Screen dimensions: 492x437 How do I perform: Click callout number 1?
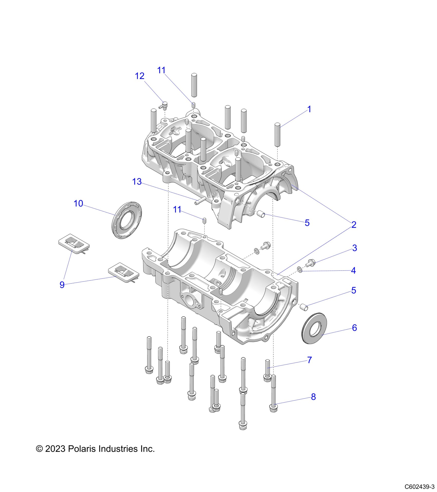point(309,109)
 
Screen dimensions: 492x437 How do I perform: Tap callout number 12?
point(140,76)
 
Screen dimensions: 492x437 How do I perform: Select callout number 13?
point(137,182)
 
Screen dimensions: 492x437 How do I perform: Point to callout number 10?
point(78,204)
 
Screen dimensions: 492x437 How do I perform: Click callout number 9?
point(62,285)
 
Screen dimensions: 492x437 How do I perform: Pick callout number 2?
point(354,225)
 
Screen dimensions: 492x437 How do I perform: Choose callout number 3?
point(354,248)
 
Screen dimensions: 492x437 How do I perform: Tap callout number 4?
point(353,270)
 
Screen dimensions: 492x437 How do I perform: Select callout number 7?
point(309,360)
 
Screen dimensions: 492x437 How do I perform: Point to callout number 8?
point(313,397)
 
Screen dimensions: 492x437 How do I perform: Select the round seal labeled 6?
point(315,328)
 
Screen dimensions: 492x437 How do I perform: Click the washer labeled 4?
point(299,269)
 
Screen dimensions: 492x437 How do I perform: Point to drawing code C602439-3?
point(419,487)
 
